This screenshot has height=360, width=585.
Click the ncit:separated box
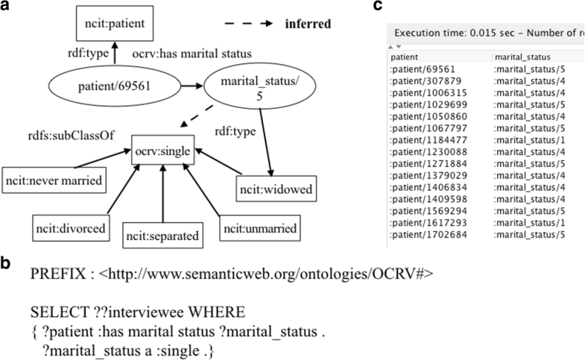tap(162, 236)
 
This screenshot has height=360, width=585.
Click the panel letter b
tap(7, 263)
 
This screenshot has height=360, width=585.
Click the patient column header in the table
tap(405, 56)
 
